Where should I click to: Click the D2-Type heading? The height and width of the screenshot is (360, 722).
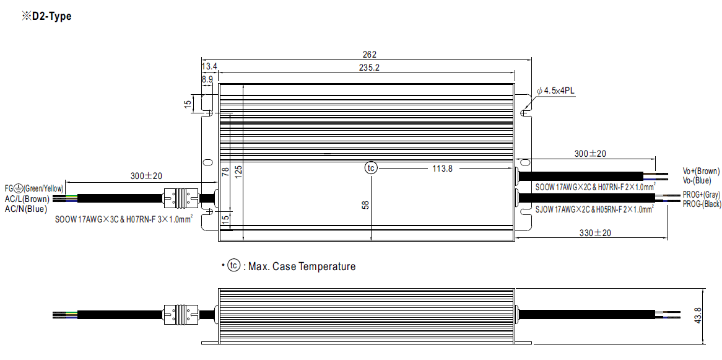pos(46,17)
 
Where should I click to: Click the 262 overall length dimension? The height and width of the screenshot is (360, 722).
pos(370,55)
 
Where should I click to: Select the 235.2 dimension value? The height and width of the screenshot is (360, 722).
pos(369,68)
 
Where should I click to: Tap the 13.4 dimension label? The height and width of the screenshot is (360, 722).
pos(209,68)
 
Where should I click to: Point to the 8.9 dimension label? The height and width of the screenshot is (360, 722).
pos(207,79)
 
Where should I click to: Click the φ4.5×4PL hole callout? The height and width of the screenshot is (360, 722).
pos(555,91)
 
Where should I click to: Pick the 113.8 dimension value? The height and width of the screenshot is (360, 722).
pos(442,169)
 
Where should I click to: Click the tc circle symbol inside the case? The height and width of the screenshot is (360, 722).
pos(371,169)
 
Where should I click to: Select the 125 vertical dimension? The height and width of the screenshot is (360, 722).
pos(238,171)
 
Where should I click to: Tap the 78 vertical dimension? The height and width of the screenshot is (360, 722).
pos(225,172)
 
